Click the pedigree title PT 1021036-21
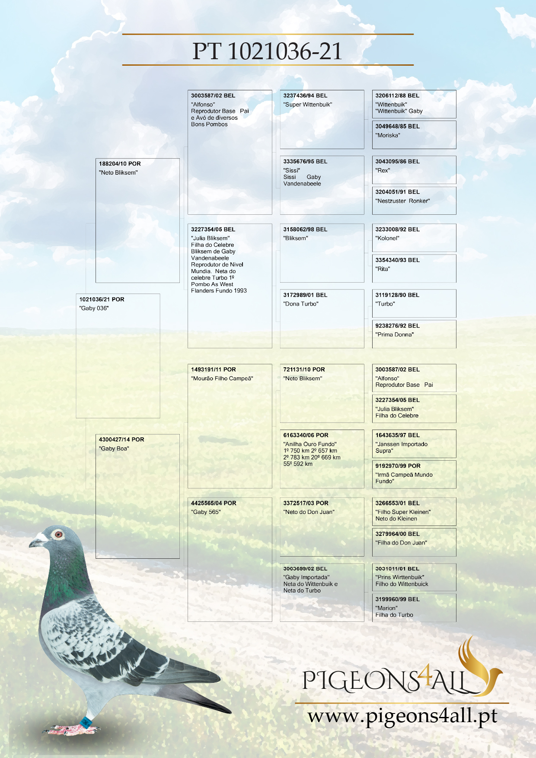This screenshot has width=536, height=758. (x=268, y=51)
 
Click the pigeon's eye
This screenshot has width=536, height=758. (x=58, y=535)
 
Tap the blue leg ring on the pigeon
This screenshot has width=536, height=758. (x=86, y=720)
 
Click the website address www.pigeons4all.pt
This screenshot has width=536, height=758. (x=402, y=716)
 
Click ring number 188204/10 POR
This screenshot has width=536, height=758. (x=120, y=164)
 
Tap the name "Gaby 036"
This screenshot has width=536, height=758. (x=94, y=308)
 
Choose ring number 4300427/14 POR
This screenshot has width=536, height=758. (x=121, y=440)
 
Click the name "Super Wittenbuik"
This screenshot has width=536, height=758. (x=308, y=105)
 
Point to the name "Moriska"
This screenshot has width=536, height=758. (x=388, y=135)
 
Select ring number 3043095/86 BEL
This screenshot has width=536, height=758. (x=397, y=161)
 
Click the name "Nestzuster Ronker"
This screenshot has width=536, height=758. (x=402, y=201)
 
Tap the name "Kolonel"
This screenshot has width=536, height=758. (x=387, y=238)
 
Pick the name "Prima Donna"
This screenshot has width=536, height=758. (x=394, y=334)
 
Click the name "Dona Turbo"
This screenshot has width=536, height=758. (x=301, y=304)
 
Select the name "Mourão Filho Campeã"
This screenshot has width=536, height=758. (x=222, y=379)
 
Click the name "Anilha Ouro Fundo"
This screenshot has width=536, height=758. (x=310, y=444)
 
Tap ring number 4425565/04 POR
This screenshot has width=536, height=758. (x=214, y=503)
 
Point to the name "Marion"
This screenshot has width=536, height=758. (x=386, y=608)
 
